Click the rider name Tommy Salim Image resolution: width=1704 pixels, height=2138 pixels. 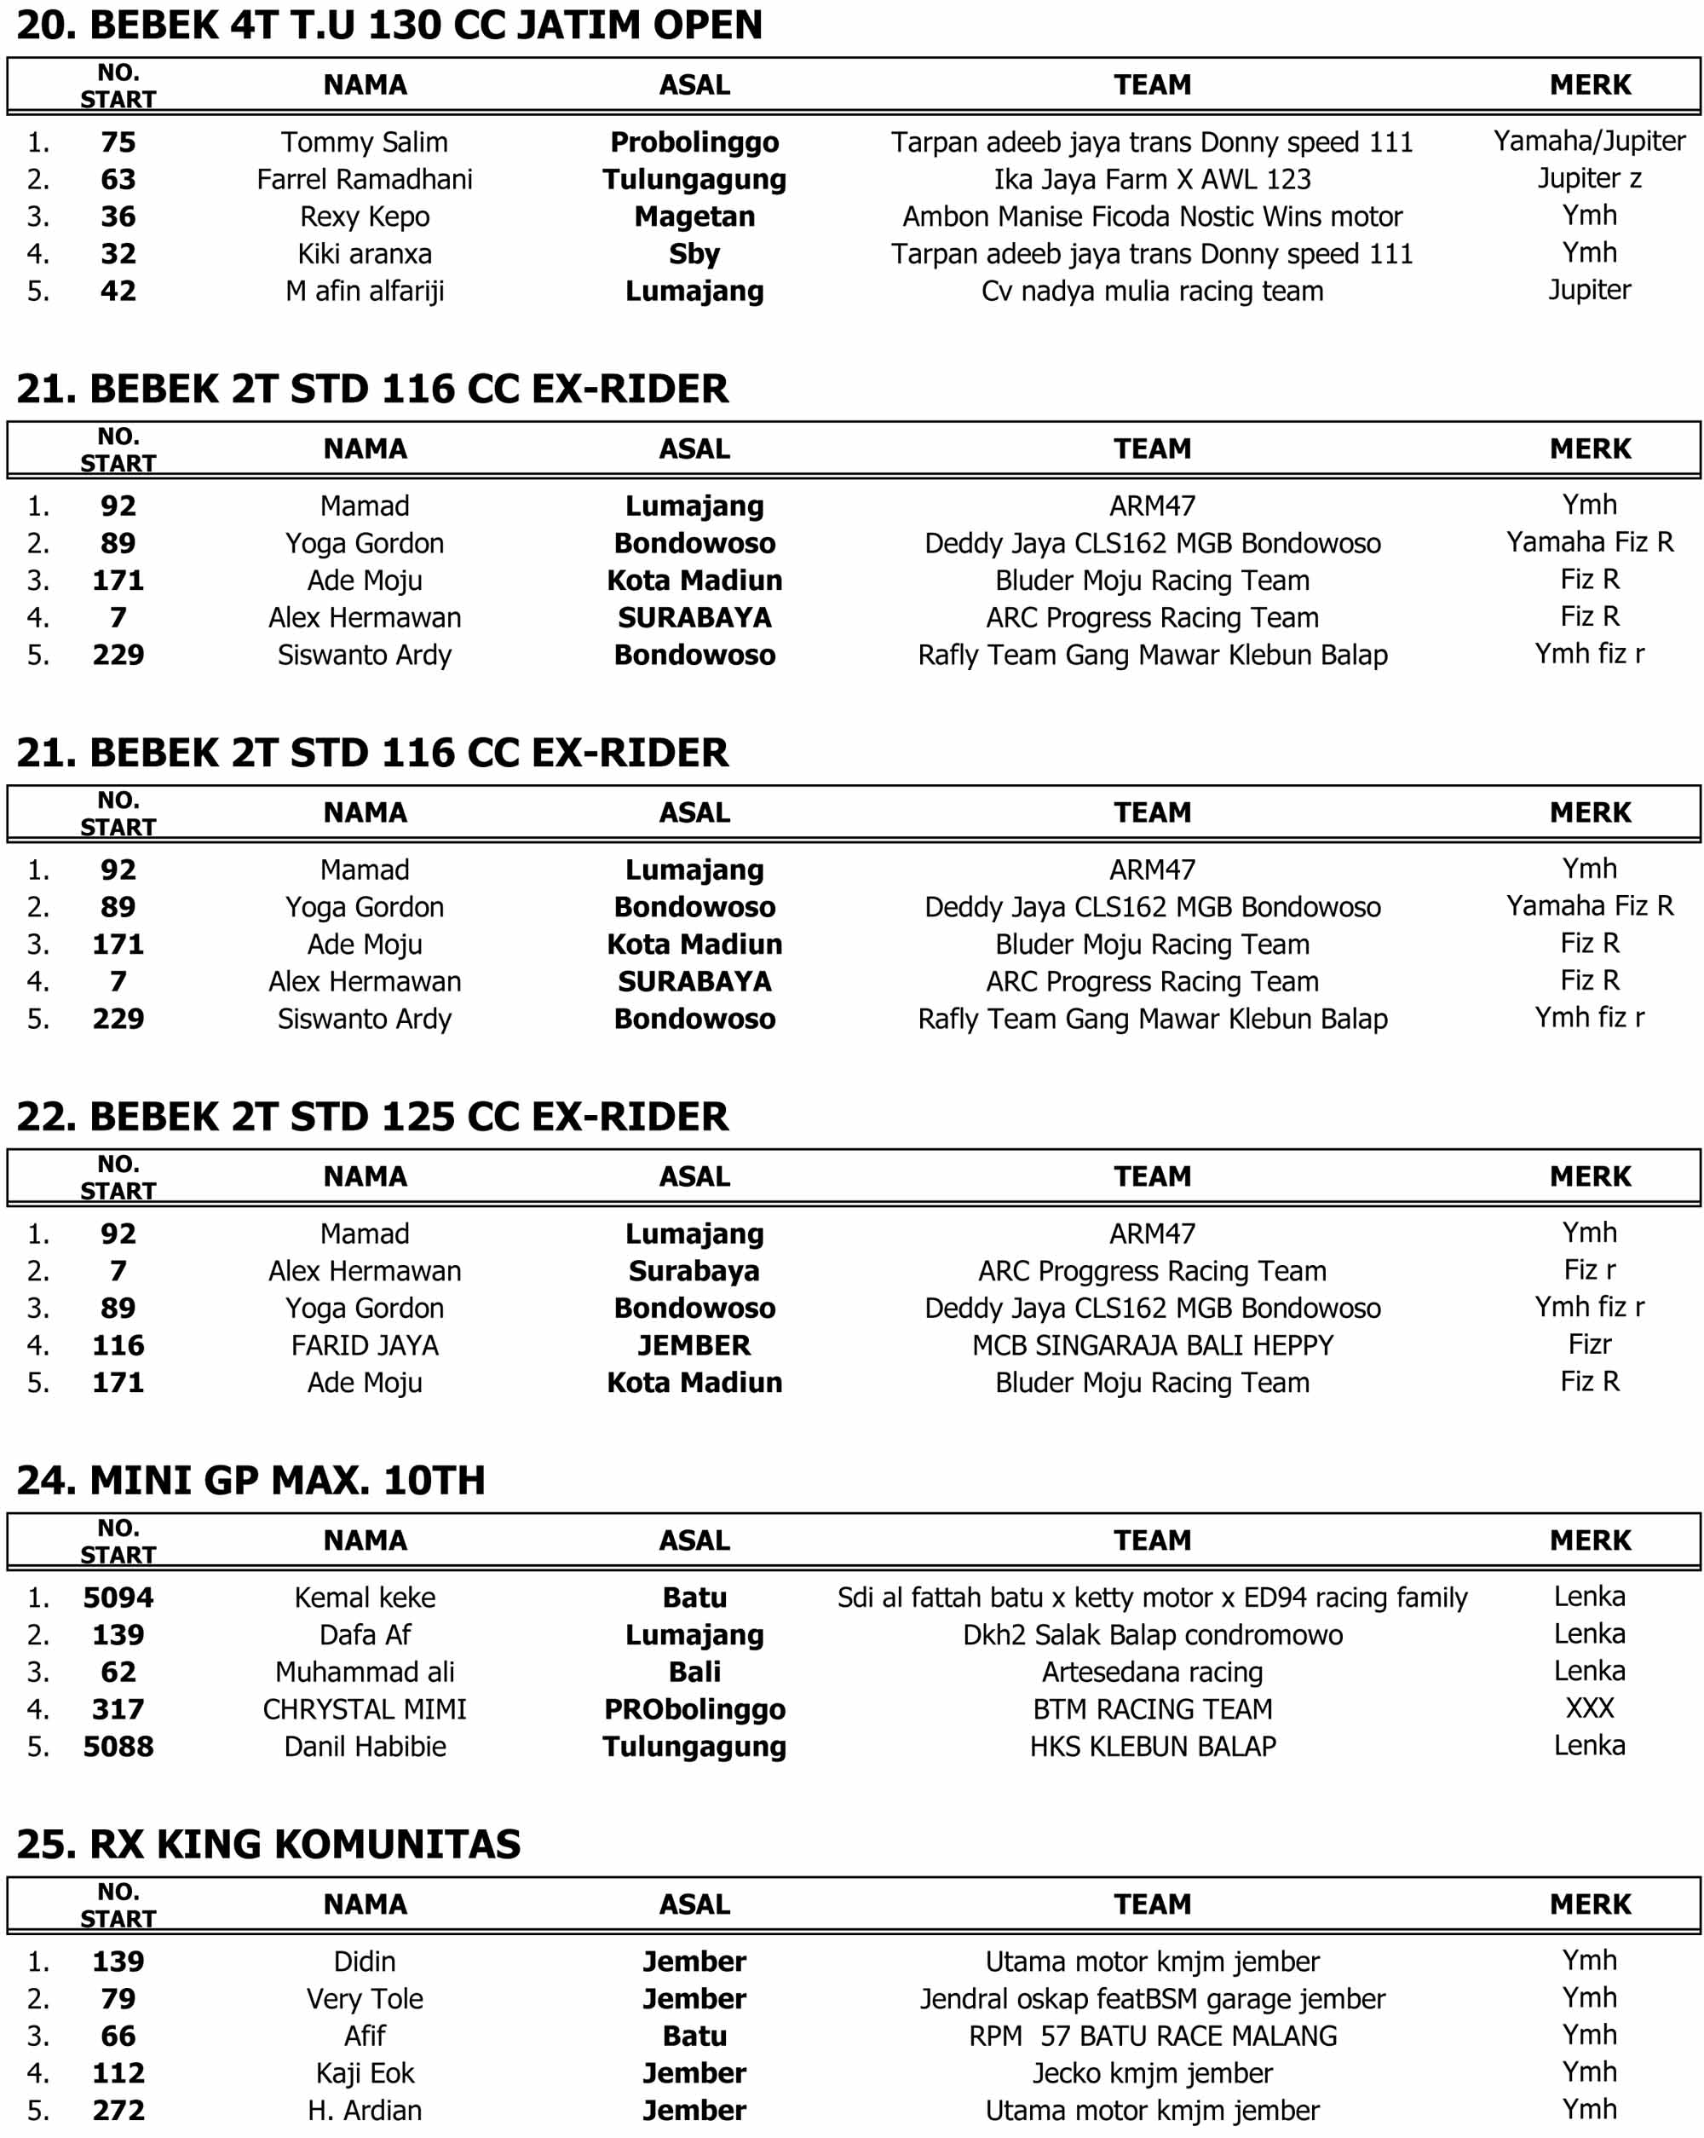pos(364,142)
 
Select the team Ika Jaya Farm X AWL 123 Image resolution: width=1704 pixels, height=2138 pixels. pos(1151,180)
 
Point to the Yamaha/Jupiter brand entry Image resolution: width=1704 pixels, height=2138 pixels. pos(1588,141)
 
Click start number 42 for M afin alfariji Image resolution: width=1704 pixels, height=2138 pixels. pos(118,291)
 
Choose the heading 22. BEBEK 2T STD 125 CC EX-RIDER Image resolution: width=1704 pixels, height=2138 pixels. pos(371,1117)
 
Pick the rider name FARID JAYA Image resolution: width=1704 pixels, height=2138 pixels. pos(364,1346)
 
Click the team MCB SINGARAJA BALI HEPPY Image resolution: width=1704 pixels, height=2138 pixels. pos(1151,1346)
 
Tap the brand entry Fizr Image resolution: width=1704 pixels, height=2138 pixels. pos(1588,1344)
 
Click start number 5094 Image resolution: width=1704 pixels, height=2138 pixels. pos(118,1598)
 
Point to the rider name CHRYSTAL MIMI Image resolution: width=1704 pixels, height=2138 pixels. pos(364,1709)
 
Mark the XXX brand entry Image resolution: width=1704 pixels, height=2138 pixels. pos(1588,1708)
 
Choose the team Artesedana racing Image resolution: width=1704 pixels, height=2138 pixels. pos(1151,1672)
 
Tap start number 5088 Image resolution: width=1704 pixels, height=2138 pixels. pos(118,1747)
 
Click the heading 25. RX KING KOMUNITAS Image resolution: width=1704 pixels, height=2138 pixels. pos(268,1845)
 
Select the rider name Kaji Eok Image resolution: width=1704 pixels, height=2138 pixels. pos(364,2073)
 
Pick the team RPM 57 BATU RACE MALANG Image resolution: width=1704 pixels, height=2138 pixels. pos(1151,2036)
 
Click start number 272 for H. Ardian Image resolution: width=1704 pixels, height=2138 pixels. pos(118,2110)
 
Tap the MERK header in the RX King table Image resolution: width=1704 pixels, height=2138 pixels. pos(1588,1905)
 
